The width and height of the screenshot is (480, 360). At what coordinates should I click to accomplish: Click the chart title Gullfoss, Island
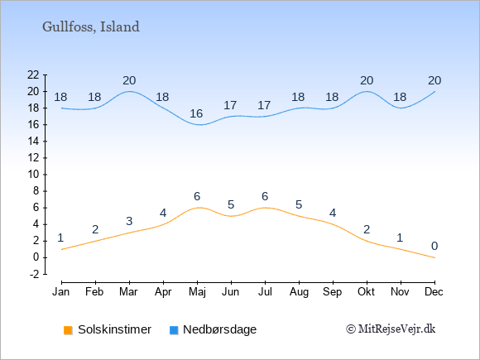point(91,27)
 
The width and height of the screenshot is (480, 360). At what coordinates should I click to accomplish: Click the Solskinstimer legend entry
point(108,329)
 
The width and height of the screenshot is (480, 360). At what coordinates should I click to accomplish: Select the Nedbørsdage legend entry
point(213,329)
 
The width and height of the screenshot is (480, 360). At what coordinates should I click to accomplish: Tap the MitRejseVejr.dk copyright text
point(391,329)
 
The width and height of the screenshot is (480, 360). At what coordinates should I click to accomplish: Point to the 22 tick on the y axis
point(33,74)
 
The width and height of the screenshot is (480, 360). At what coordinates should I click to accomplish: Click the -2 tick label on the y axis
point(35,274)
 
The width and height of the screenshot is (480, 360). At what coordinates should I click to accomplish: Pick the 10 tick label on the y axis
point(33,175)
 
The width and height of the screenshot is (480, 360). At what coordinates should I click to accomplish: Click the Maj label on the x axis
point(197,292)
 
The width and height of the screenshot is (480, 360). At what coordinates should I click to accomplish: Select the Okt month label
point(366,292)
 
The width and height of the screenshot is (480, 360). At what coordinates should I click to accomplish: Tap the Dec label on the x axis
point(434,292)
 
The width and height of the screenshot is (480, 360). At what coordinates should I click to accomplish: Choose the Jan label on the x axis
point(61,292)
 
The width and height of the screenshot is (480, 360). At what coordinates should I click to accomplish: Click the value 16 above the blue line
point(196,114)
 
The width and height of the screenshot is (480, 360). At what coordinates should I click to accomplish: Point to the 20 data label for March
point(129,81)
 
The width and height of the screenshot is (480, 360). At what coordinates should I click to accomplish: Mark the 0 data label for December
point(434,246)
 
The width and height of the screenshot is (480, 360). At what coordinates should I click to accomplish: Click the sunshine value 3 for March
point(129,221)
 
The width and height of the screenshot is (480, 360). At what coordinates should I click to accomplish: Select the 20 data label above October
point(367,81)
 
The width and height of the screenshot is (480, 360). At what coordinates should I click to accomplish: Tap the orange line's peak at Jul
point(265,208)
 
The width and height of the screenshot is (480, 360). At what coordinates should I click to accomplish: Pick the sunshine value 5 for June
point(231,204)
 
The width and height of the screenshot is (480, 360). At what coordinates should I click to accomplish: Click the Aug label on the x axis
point(299,292)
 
